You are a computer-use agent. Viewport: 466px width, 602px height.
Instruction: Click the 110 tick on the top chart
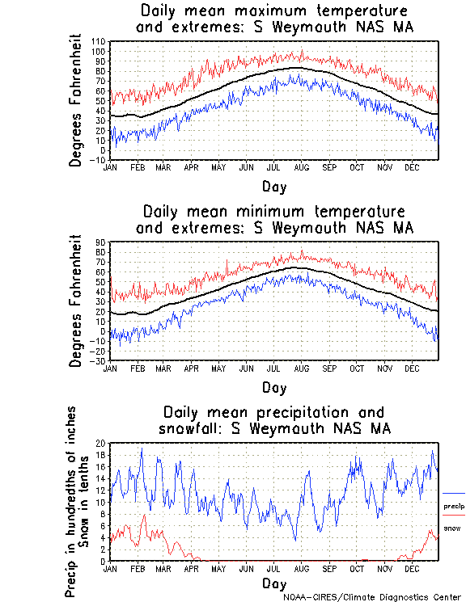tap(100, 41)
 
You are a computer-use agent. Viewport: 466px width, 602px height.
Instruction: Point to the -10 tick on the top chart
tap(100, 160)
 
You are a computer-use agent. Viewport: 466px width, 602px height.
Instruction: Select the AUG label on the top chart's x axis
tap(301, 167)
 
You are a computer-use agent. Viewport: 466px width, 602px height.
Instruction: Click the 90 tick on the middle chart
tap(102, 242)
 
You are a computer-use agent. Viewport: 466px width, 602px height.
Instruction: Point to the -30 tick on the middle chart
tap(100, 360)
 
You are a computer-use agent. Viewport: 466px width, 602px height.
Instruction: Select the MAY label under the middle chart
tap(218, 368)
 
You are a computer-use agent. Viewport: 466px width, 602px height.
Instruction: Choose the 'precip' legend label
tap(454, 506)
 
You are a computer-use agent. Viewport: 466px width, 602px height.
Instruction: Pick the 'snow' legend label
tap(451, 528)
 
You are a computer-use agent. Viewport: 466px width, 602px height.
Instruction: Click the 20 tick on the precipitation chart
tap(101, 443)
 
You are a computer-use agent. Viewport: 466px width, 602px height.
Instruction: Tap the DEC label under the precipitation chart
tap(412, 569)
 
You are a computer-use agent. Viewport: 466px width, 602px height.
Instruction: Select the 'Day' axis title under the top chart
tap(274, 186)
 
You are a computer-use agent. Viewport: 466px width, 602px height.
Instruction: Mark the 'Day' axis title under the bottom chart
tap(274, 583)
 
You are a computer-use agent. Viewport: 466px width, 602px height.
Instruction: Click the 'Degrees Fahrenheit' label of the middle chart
tap(76, 301)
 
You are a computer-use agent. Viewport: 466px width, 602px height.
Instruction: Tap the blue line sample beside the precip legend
tap(454, 493)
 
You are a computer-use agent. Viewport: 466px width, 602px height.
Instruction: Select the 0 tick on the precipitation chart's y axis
tap(104, 561)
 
